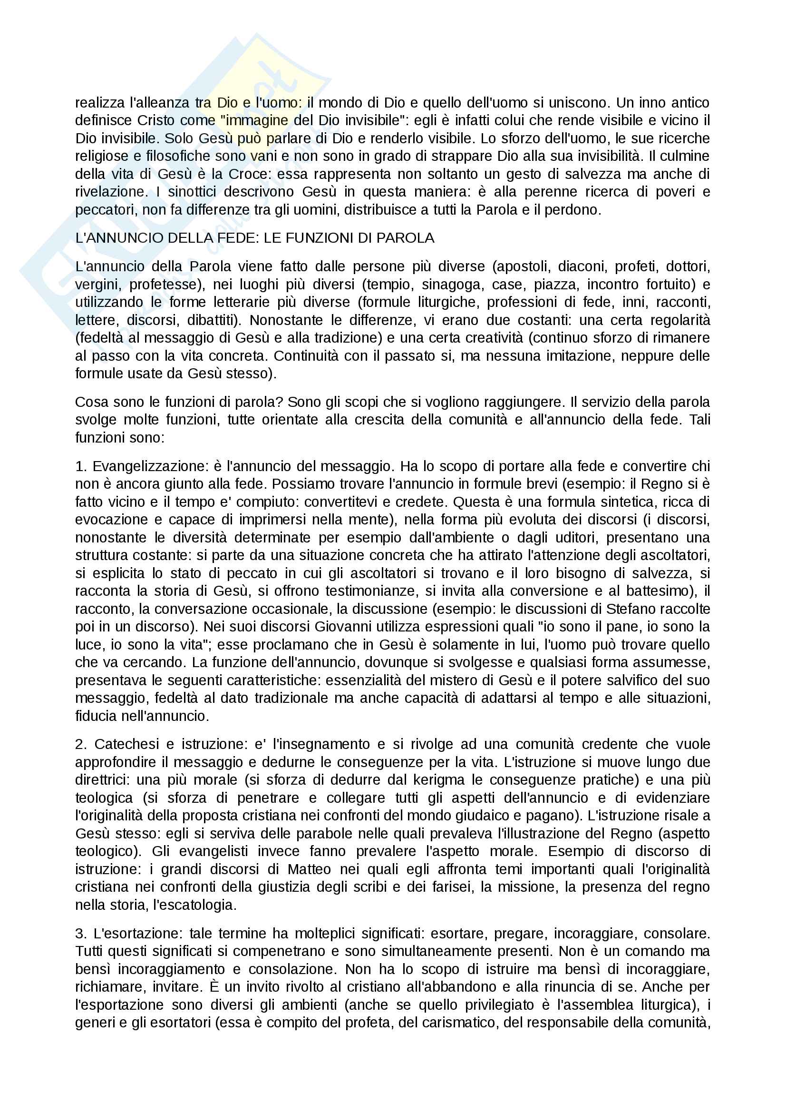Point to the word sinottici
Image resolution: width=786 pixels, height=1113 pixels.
[x=192, y=191]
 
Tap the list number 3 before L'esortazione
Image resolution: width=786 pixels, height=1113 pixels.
[x=80, y=933]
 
